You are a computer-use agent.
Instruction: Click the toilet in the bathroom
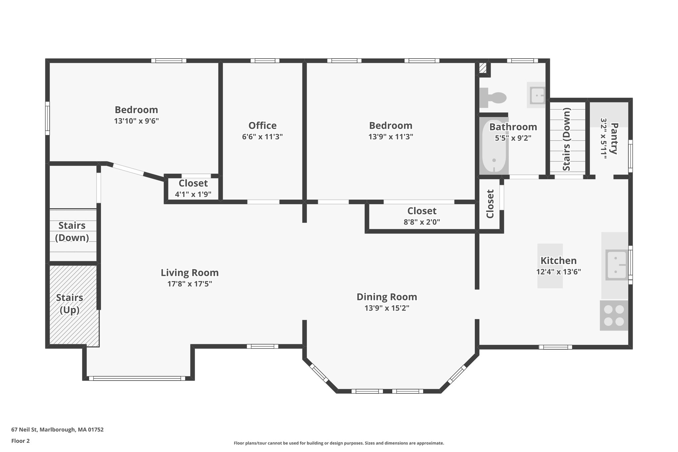point(493,98)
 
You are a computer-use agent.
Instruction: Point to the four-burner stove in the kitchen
point(614,315)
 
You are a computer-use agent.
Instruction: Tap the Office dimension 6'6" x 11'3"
point(262,137)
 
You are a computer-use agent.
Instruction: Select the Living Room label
point(190,273)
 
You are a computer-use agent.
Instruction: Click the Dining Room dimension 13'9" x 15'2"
point(387,308)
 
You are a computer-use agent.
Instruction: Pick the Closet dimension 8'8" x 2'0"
point(422,222)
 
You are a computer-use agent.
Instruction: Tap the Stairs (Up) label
point(70,304)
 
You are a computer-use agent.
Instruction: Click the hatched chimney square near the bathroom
point(483,69)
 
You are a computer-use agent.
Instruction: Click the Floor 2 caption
point(21,441)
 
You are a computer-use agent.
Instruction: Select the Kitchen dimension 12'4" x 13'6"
point(558,272)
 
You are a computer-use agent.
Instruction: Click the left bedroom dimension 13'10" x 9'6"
point(136,121)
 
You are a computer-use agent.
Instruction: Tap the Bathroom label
point(513,127)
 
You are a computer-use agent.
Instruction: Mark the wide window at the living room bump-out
point(137,378)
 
